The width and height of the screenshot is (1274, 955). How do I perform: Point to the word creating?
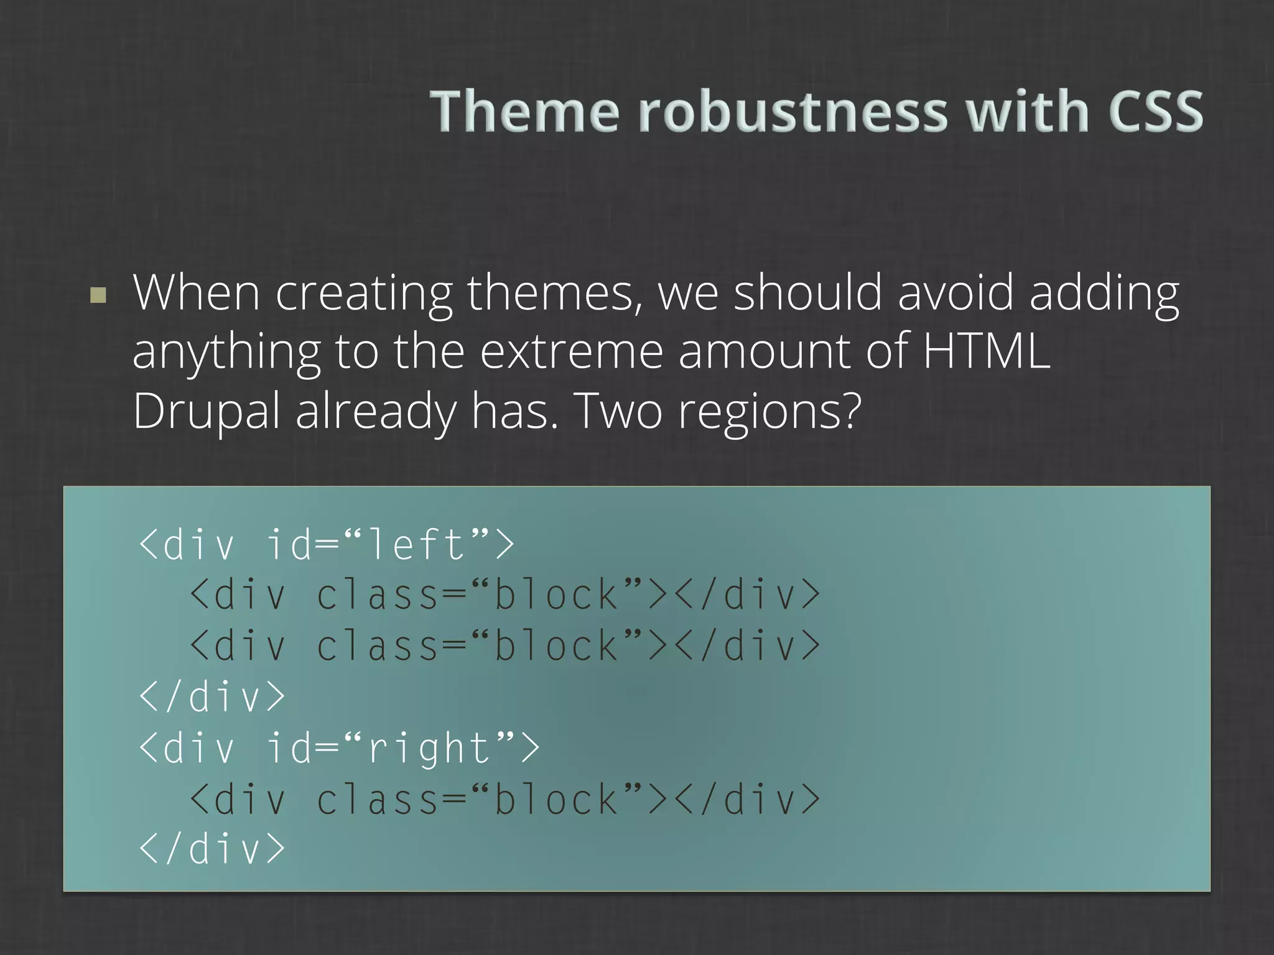click(363, 293)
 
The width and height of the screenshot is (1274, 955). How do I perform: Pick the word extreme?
click(570, 351)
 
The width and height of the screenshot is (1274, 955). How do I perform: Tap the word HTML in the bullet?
click(986, 351)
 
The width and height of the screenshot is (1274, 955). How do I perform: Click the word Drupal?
click(206, 412)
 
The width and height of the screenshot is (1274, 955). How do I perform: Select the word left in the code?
click(416, 545)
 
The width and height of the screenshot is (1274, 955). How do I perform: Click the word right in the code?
click(429, 749)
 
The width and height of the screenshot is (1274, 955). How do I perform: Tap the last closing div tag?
click(212, 849)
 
